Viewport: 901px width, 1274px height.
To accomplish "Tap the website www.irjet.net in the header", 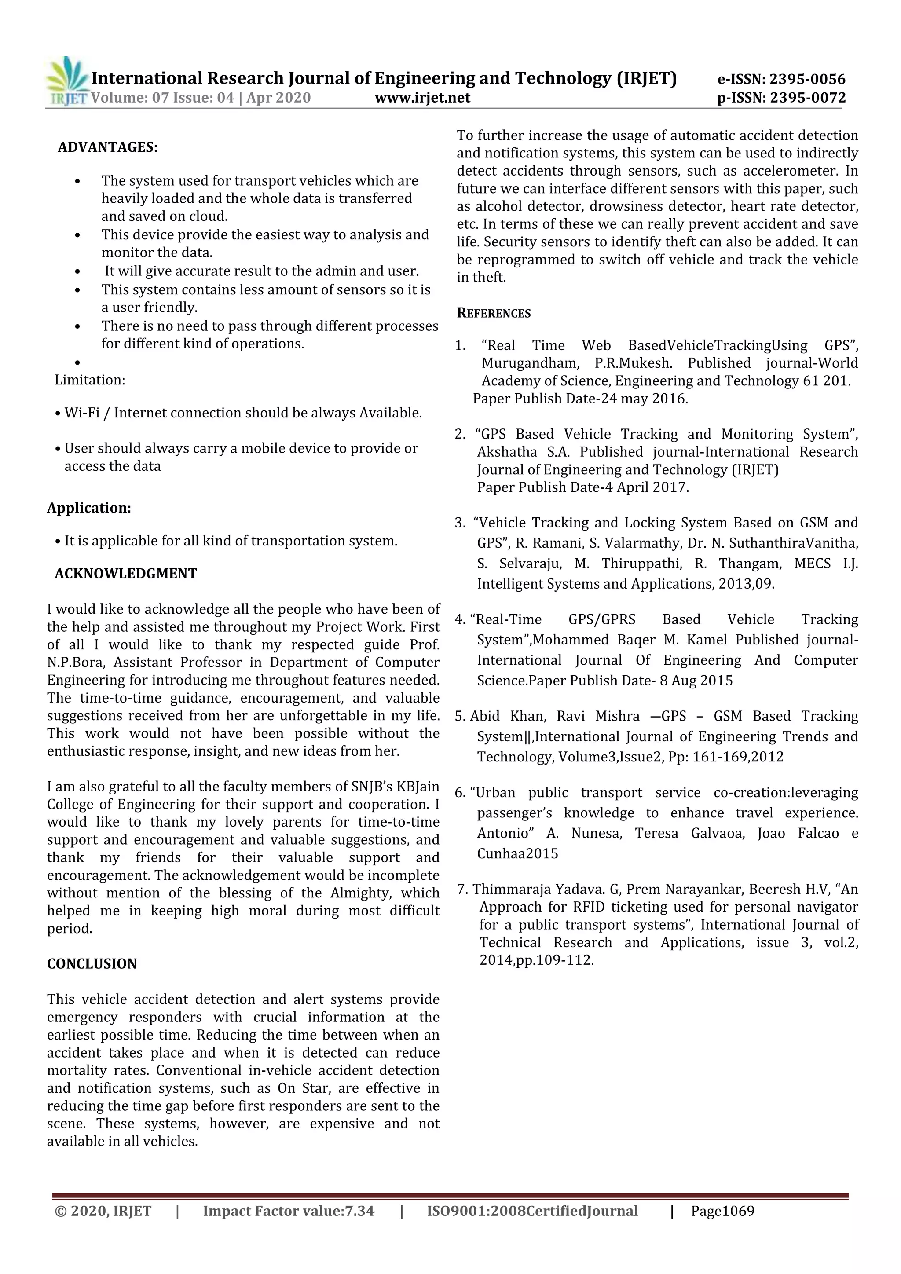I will coord(422,98).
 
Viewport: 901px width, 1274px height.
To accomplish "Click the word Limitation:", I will coord(90,380).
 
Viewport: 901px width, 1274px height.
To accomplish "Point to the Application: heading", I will coord(89,508).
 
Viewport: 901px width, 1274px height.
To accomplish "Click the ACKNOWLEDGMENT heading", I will coord(125,573).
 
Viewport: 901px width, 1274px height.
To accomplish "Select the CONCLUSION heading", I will coord(92,963).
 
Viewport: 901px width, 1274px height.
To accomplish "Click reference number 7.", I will coord(461,890).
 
